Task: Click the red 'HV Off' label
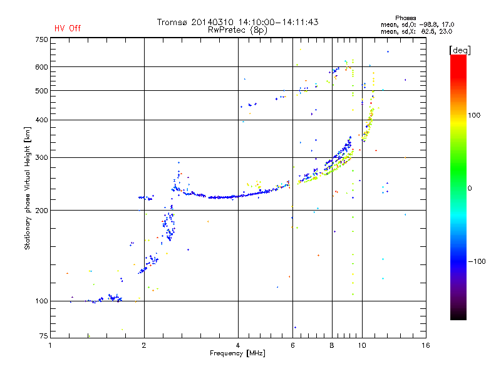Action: (x=68, y=28)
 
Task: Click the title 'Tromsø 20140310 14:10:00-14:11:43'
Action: (x=237, y=22)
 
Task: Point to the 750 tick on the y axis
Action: (x=41, y=39)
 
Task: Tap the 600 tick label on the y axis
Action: (x=41, y=66)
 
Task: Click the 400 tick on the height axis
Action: (x=41, y=120)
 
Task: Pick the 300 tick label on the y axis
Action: (x=41, y=157)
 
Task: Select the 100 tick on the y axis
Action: (x=41, y=301)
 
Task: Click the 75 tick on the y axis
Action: (x=43, y=337)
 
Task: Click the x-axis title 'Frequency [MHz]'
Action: (x=237, y=354)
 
